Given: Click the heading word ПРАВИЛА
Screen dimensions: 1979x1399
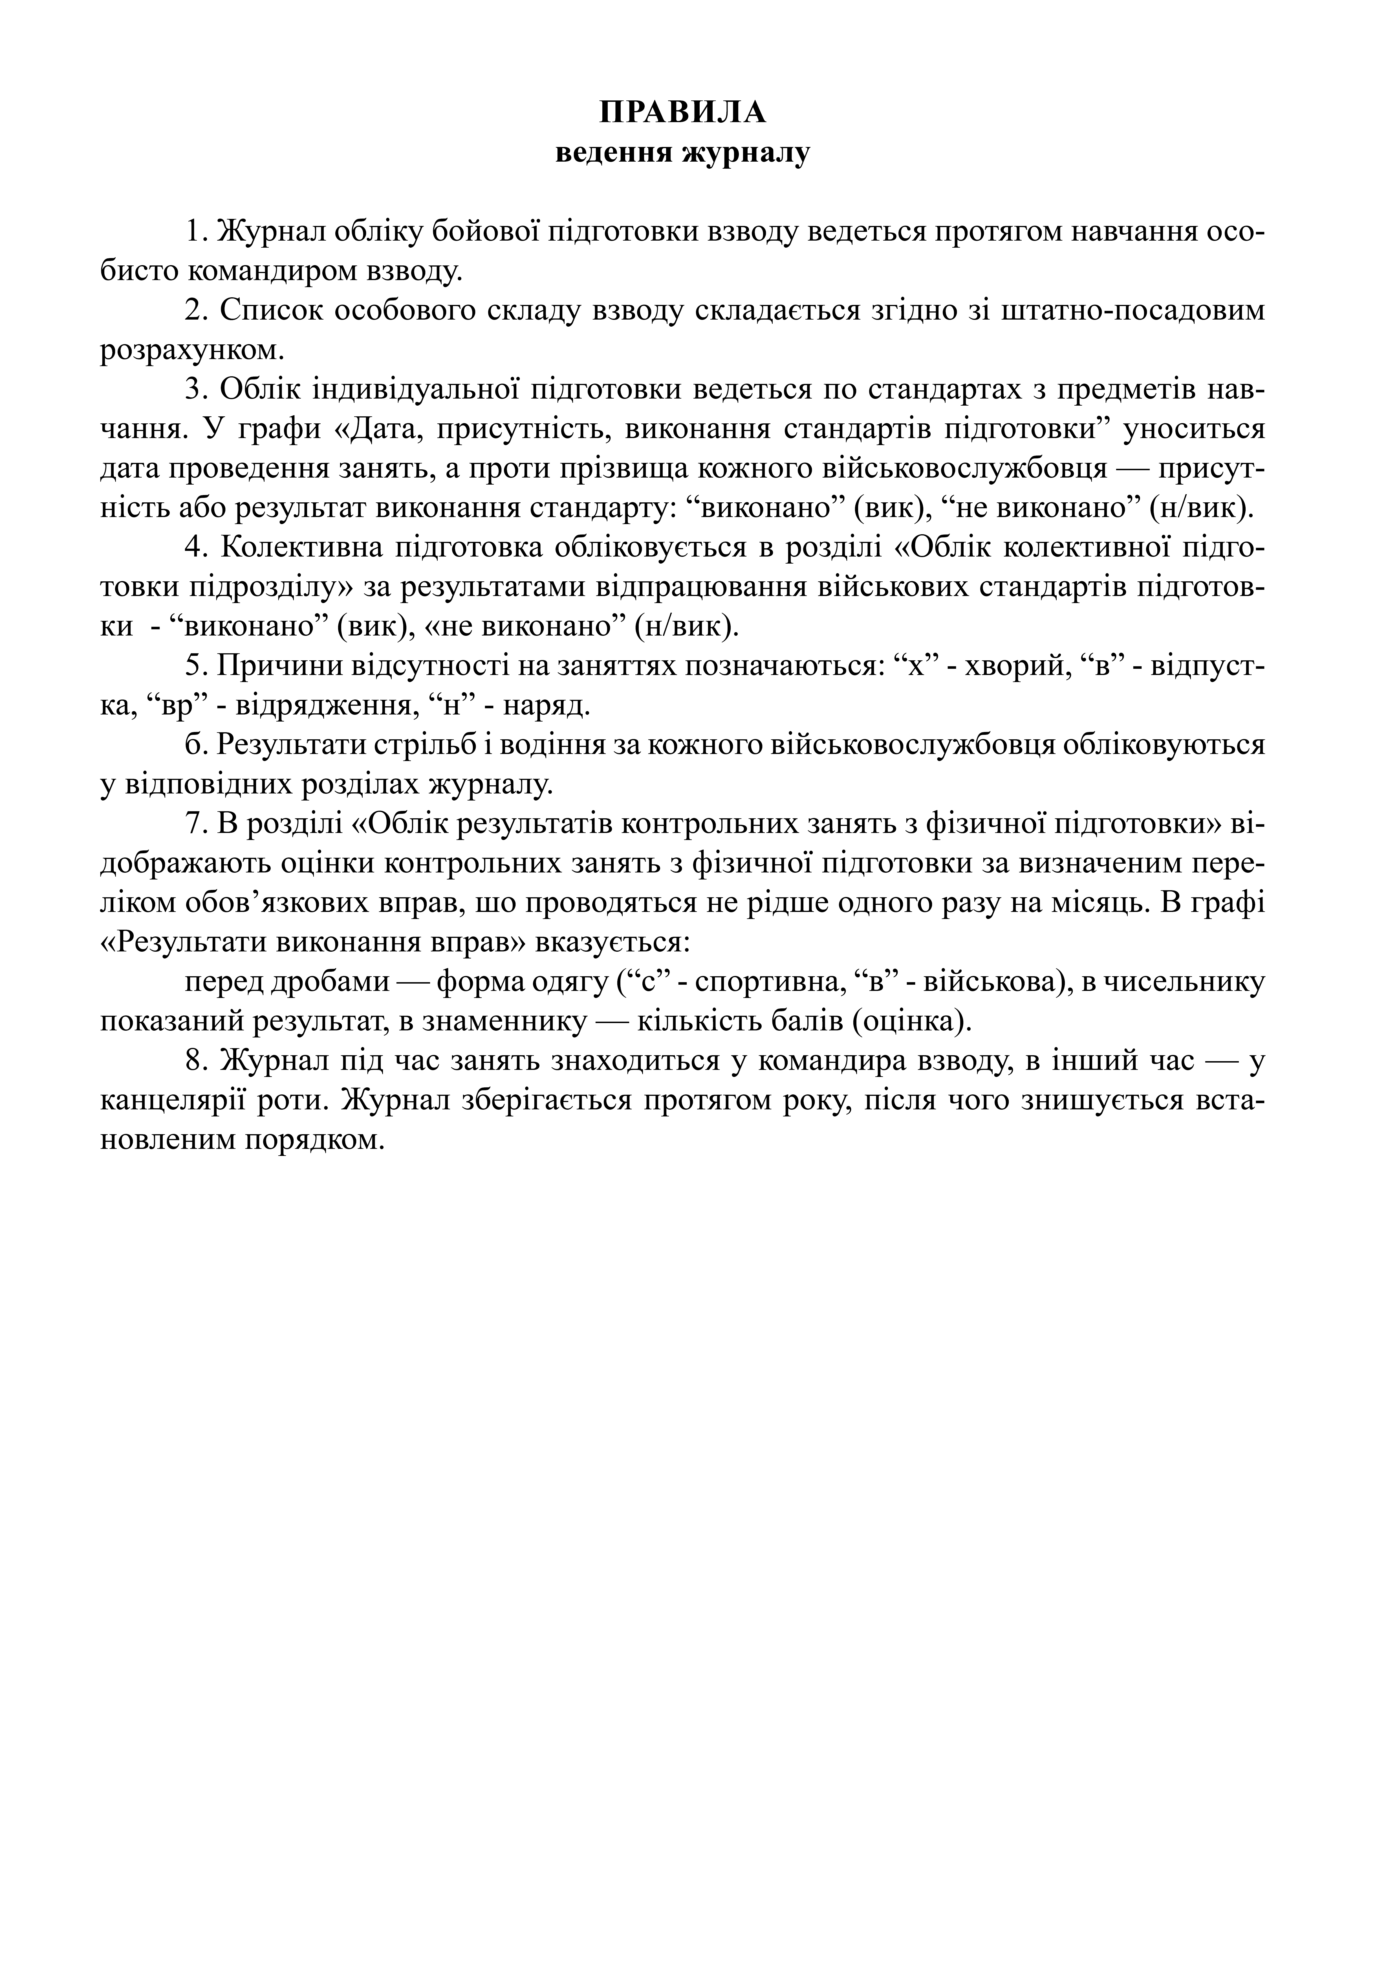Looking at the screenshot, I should (682, 113).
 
